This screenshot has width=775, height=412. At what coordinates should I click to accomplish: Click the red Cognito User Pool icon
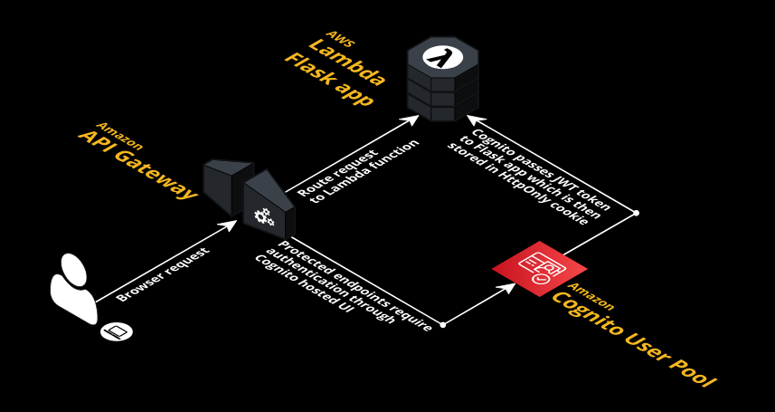(540, 268)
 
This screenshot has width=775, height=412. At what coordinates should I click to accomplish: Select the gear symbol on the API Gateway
(263, 216)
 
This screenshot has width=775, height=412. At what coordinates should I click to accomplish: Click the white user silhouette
(73, 288)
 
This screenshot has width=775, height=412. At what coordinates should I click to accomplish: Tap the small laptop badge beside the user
(116, 331)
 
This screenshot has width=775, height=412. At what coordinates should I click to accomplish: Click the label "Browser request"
(163, 273)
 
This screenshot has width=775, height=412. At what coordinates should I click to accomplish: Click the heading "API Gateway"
(137, 162)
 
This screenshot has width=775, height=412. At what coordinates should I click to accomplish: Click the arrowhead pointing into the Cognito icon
(512, 285)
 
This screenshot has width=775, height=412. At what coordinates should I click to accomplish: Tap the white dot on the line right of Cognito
(636, 213)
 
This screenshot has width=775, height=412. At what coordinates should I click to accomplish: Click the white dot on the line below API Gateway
(442, 323)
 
